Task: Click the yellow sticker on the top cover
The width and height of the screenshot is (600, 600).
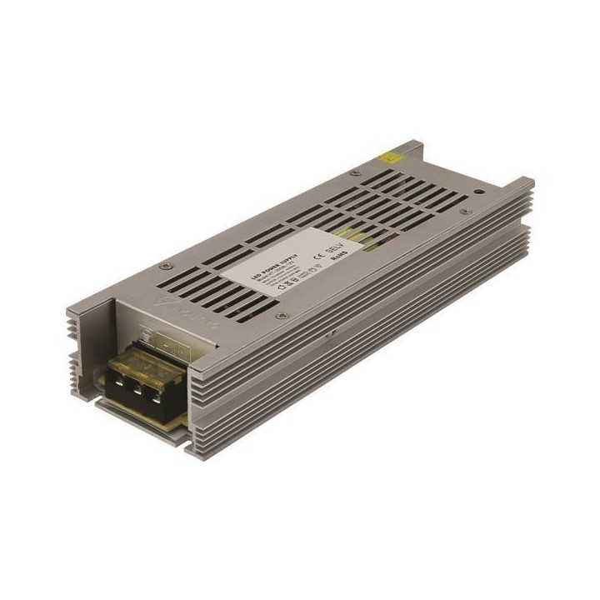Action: click(x=389, y=156)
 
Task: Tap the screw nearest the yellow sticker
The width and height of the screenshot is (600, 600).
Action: click(x=356, y=173)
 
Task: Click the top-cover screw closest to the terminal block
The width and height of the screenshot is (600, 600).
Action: click(x=281, y=315)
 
